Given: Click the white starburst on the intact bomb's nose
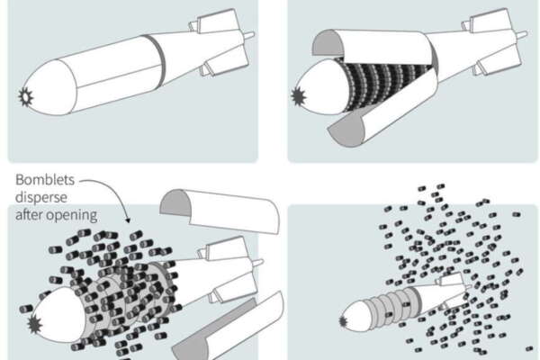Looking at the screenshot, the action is point(26,97).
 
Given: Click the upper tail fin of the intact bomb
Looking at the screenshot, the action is point(217,20).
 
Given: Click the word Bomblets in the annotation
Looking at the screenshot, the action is point(45,180).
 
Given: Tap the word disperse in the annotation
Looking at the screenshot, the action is point(41,197).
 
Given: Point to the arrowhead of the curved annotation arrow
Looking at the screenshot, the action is point(128,220).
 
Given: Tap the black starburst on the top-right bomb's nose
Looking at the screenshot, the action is point(299,96).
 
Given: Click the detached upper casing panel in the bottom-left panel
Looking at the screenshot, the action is point(220,211).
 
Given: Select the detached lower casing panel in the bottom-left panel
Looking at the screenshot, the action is point(229,328).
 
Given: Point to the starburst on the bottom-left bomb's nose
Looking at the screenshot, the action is point(34,324).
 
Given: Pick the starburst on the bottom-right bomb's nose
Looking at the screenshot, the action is point(344,322).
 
